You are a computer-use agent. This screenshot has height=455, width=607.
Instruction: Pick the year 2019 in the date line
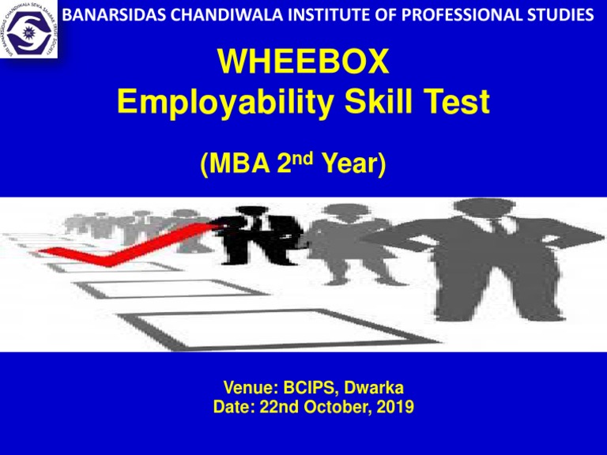point(393,408)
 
